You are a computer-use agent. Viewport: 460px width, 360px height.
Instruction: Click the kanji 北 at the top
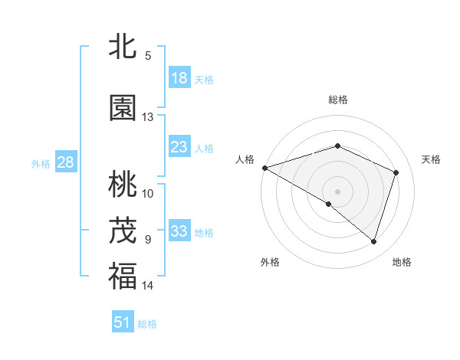[x=123, y=47]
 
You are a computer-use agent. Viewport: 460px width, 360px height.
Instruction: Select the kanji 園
[x=123, y=108]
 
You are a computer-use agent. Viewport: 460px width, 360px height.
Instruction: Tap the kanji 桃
[x=123, y=185]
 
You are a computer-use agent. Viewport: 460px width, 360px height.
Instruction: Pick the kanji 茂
[x=123, y=231]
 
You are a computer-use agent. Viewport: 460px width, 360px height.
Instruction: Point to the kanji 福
[x=123, y=277]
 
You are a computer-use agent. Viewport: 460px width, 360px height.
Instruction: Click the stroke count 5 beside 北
[x=147, y=55]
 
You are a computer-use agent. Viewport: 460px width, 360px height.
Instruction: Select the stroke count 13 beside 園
[x=147, y=117]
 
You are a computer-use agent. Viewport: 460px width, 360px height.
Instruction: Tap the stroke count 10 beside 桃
[x=147, y=193]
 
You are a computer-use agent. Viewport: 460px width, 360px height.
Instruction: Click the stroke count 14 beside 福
[x=147, y=286]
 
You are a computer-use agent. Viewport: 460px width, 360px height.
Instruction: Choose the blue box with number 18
[x=179, y=77]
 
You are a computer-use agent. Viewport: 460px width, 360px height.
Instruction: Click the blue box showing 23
[x=179, y=147]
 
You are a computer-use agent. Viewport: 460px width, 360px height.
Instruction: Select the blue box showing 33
[x=179, y=231]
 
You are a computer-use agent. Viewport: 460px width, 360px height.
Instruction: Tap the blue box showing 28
[x=65, y=162]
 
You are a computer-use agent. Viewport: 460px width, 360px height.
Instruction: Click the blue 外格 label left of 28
[x=41, y=164]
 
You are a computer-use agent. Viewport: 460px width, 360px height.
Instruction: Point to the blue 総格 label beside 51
[x=147, y=324]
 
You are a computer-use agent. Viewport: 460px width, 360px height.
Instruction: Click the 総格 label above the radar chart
[x=337, y=100]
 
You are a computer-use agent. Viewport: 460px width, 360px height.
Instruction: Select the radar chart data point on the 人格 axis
[x=264, y=168]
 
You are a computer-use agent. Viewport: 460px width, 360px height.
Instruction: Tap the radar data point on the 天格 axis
[x=396, y=172]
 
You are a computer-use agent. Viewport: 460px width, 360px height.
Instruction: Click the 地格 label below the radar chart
[x=402, y=262]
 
